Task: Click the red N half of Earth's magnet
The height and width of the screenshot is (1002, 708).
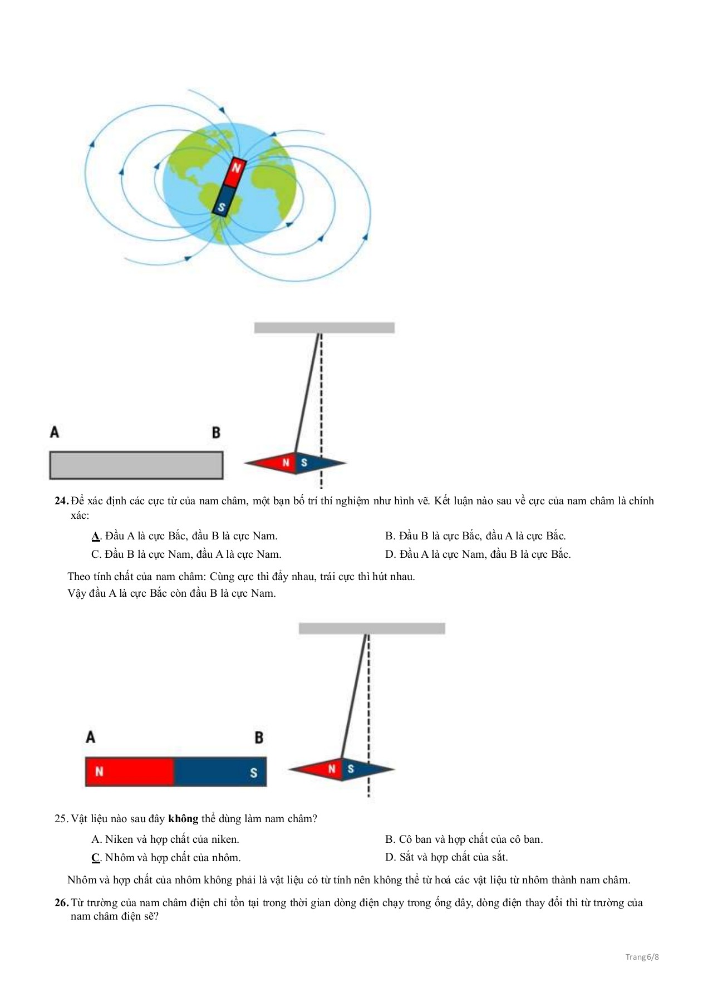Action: (235, 171)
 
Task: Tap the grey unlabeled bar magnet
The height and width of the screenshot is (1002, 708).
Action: (136, 465)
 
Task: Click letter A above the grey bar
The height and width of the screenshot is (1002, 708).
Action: (55, 432)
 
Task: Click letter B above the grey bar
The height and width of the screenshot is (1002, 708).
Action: (216, 433)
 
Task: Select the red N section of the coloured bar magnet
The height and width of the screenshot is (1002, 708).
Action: (130, 772)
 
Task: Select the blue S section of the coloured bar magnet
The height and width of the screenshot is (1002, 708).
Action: (220, 772)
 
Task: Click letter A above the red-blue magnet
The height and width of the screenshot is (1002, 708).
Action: (91, 737)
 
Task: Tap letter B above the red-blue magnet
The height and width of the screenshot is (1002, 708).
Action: (259, 738)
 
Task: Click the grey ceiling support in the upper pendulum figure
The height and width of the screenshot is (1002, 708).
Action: (324, 328)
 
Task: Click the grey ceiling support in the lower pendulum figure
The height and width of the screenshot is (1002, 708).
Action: (372, 628)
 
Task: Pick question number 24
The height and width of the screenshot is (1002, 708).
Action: (61, 501)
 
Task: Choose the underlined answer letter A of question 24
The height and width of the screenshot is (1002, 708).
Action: (95, 536)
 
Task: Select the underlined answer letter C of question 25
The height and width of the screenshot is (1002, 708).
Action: (96, 858)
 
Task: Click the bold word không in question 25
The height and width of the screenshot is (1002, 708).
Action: (183, 819)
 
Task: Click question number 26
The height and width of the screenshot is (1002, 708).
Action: (61, 903)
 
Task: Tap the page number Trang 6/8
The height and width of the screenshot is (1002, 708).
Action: (642, 957)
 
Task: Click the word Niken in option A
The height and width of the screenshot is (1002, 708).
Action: (119, 839)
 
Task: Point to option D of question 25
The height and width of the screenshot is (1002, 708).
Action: (446, 857)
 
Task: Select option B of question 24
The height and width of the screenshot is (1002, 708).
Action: (475, 536)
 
